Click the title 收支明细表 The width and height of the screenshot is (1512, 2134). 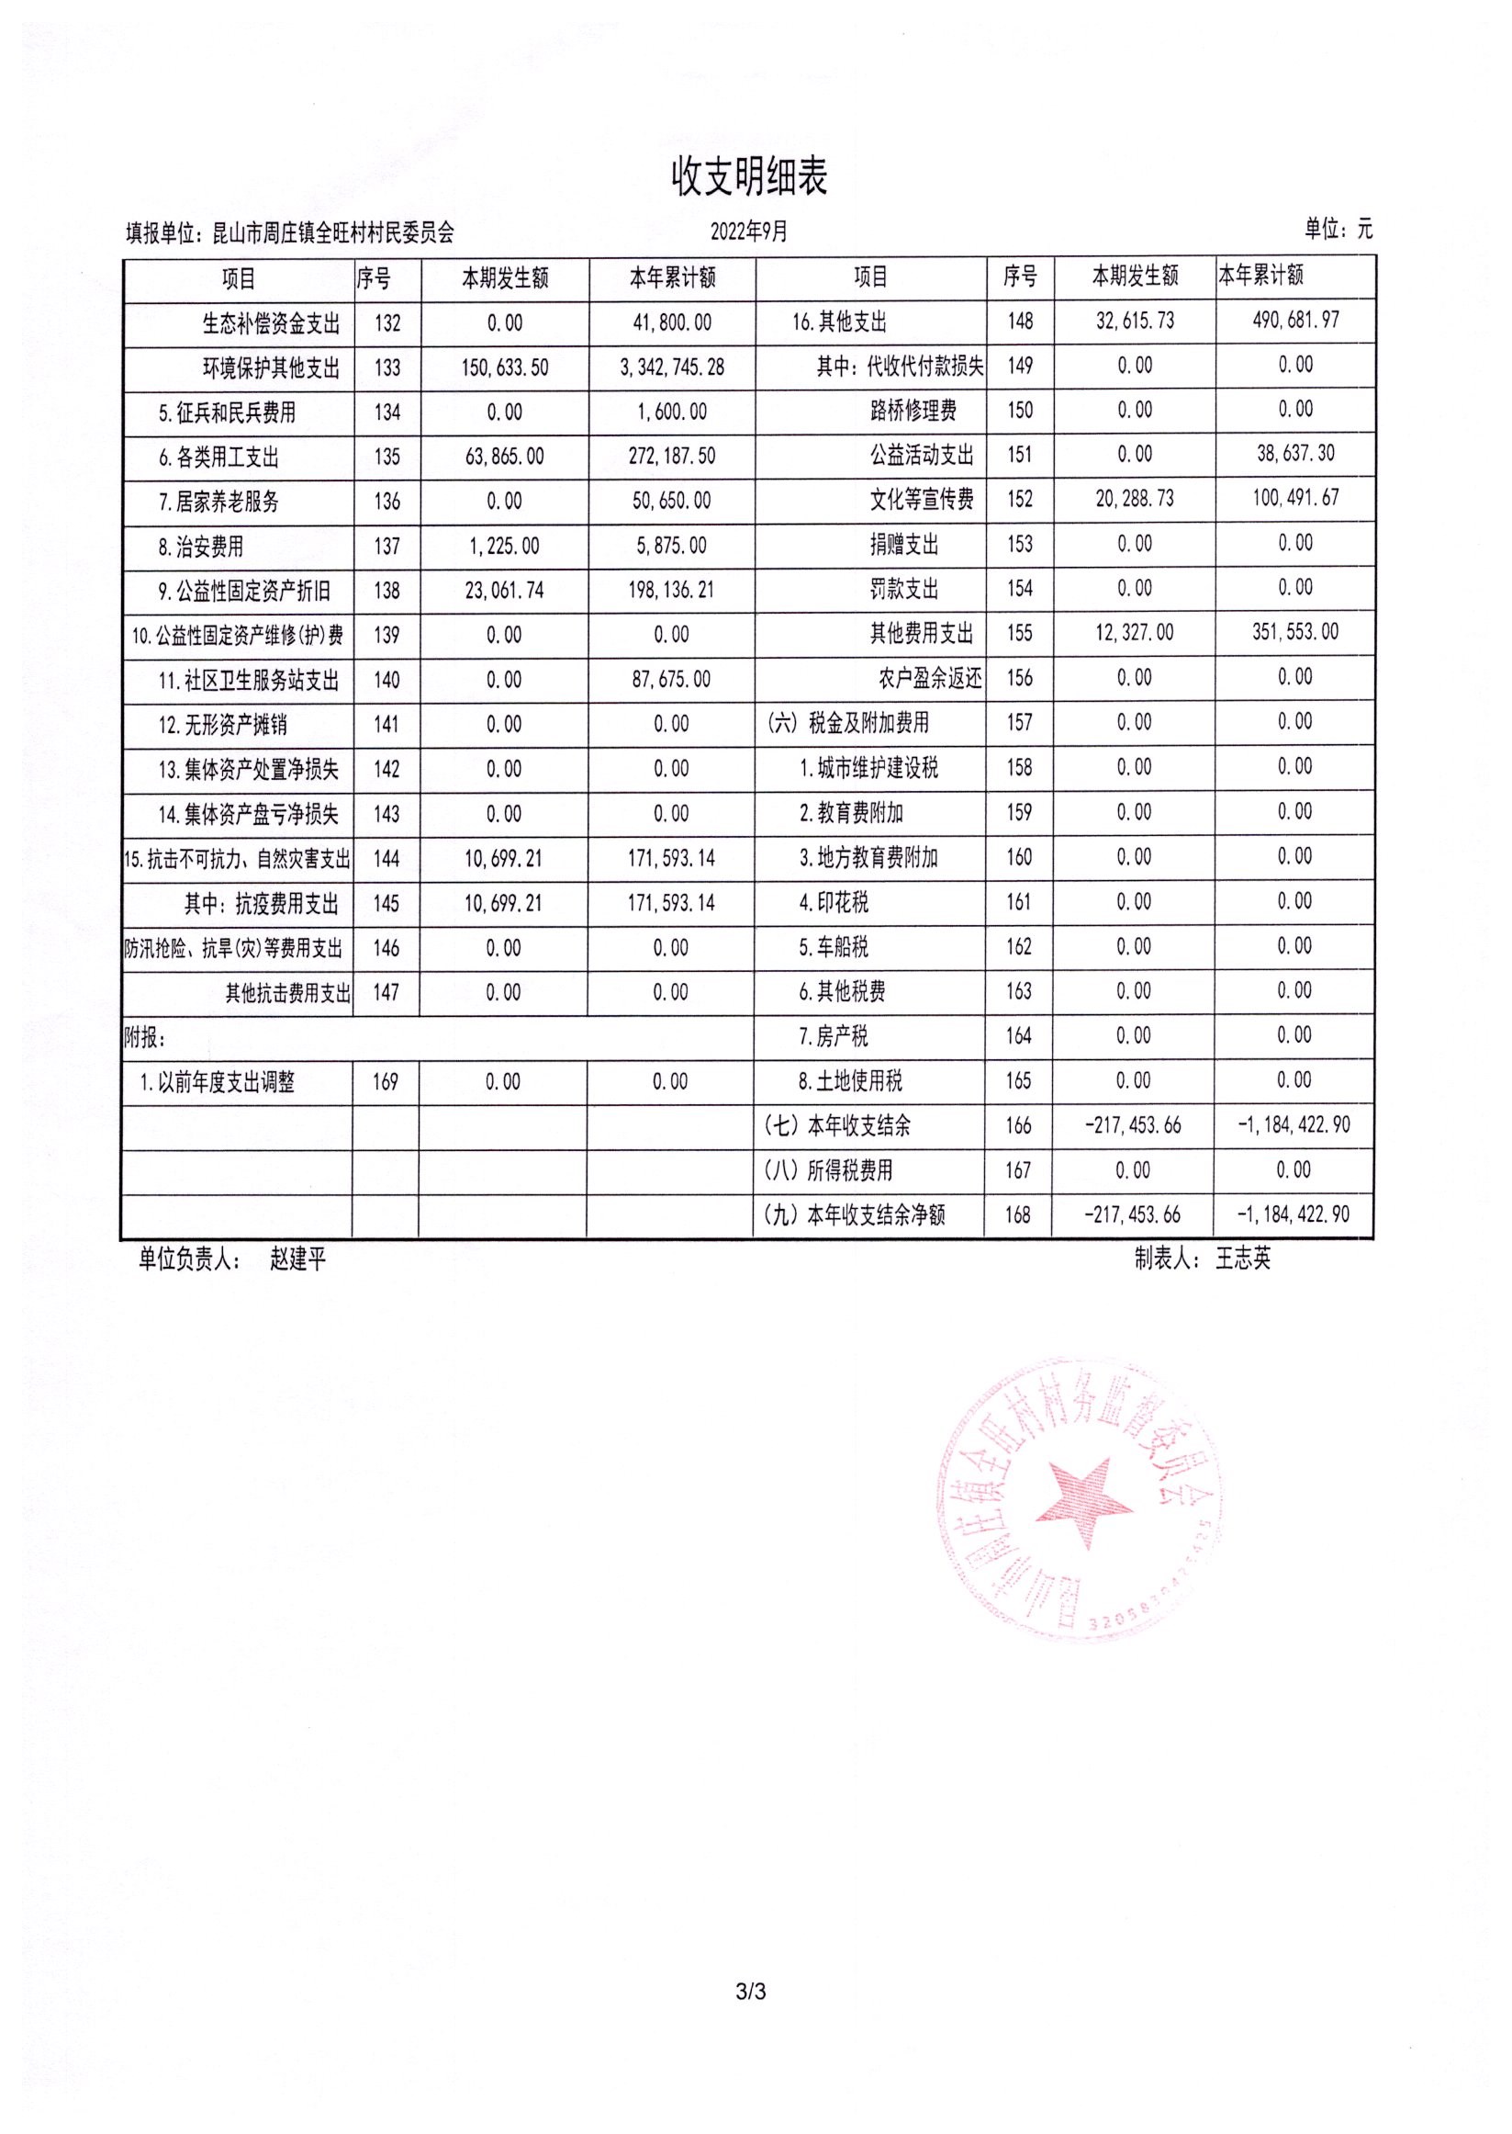[749, 177]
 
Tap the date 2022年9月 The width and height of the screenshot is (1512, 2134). [748, 231]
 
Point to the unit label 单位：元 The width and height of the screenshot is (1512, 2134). [1338, 229]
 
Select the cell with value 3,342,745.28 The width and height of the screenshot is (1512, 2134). [671, 368]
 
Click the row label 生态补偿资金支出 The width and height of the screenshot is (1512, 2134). [271, 324]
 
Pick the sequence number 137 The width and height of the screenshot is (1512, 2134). [386, 546]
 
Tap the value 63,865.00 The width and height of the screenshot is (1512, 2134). [504, 457]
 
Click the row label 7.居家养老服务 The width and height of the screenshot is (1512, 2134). [218, 502]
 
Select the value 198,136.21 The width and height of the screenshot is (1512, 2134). [671, 591]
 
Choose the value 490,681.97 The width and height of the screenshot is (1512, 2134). [1295, 321]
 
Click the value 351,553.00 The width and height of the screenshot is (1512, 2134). [1295, 632]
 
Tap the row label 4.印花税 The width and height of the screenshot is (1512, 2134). [834, 903]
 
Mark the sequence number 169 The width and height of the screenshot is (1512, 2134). [386, 1082]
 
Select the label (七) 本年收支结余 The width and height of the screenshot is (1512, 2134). [837, 1126]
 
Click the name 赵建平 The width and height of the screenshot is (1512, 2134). [298, 1260]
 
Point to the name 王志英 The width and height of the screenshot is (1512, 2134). [1242, 1259]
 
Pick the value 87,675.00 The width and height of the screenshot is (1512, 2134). [670, 680]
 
